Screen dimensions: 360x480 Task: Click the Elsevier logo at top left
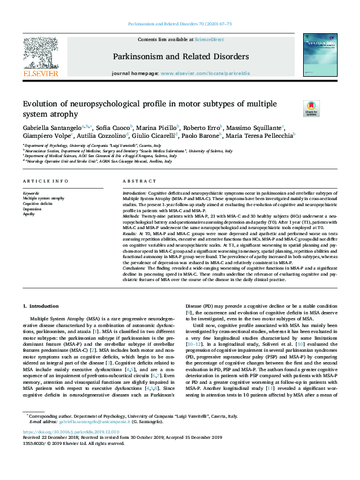(x=41, y=57)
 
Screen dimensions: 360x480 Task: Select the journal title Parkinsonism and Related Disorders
(x=180, y=56)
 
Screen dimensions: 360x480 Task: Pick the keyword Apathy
(x=29, y=214)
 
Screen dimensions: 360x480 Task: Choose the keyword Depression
(x=33, y=209)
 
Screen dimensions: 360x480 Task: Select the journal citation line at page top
(x=180, y=24)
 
